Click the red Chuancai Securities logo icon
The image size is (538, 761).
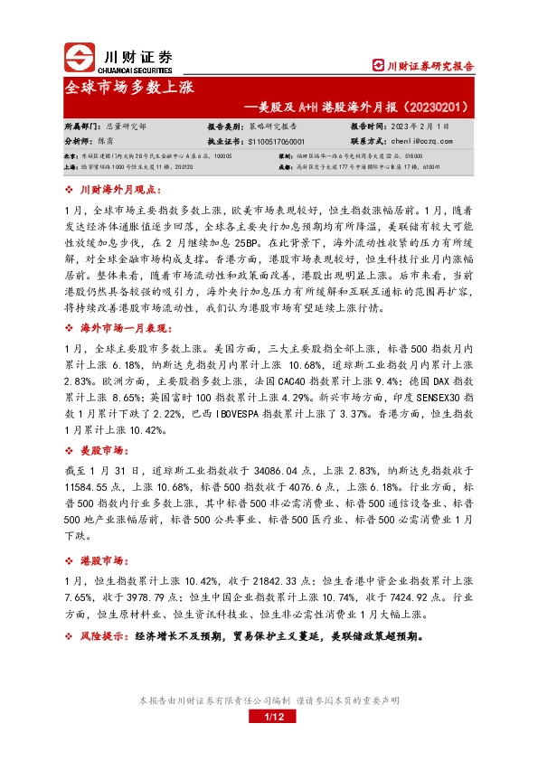pyautogui.click(x=79, y=58)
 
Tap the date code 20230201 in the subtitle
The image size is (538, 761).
pyautogui.click(x=432, y=106)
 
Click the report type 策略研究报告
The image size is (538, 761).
pyautogui.click(x=275, y=127)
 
